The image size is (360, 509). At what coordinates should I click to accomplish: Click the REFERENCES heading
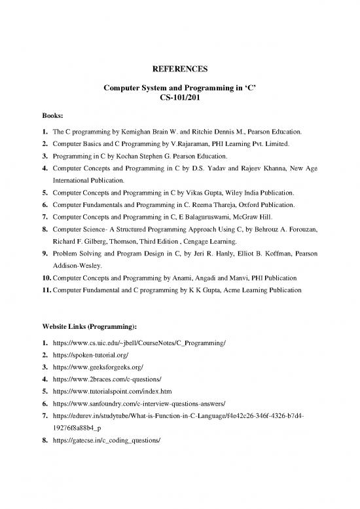pyautogui.click(x=179, y=69)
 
